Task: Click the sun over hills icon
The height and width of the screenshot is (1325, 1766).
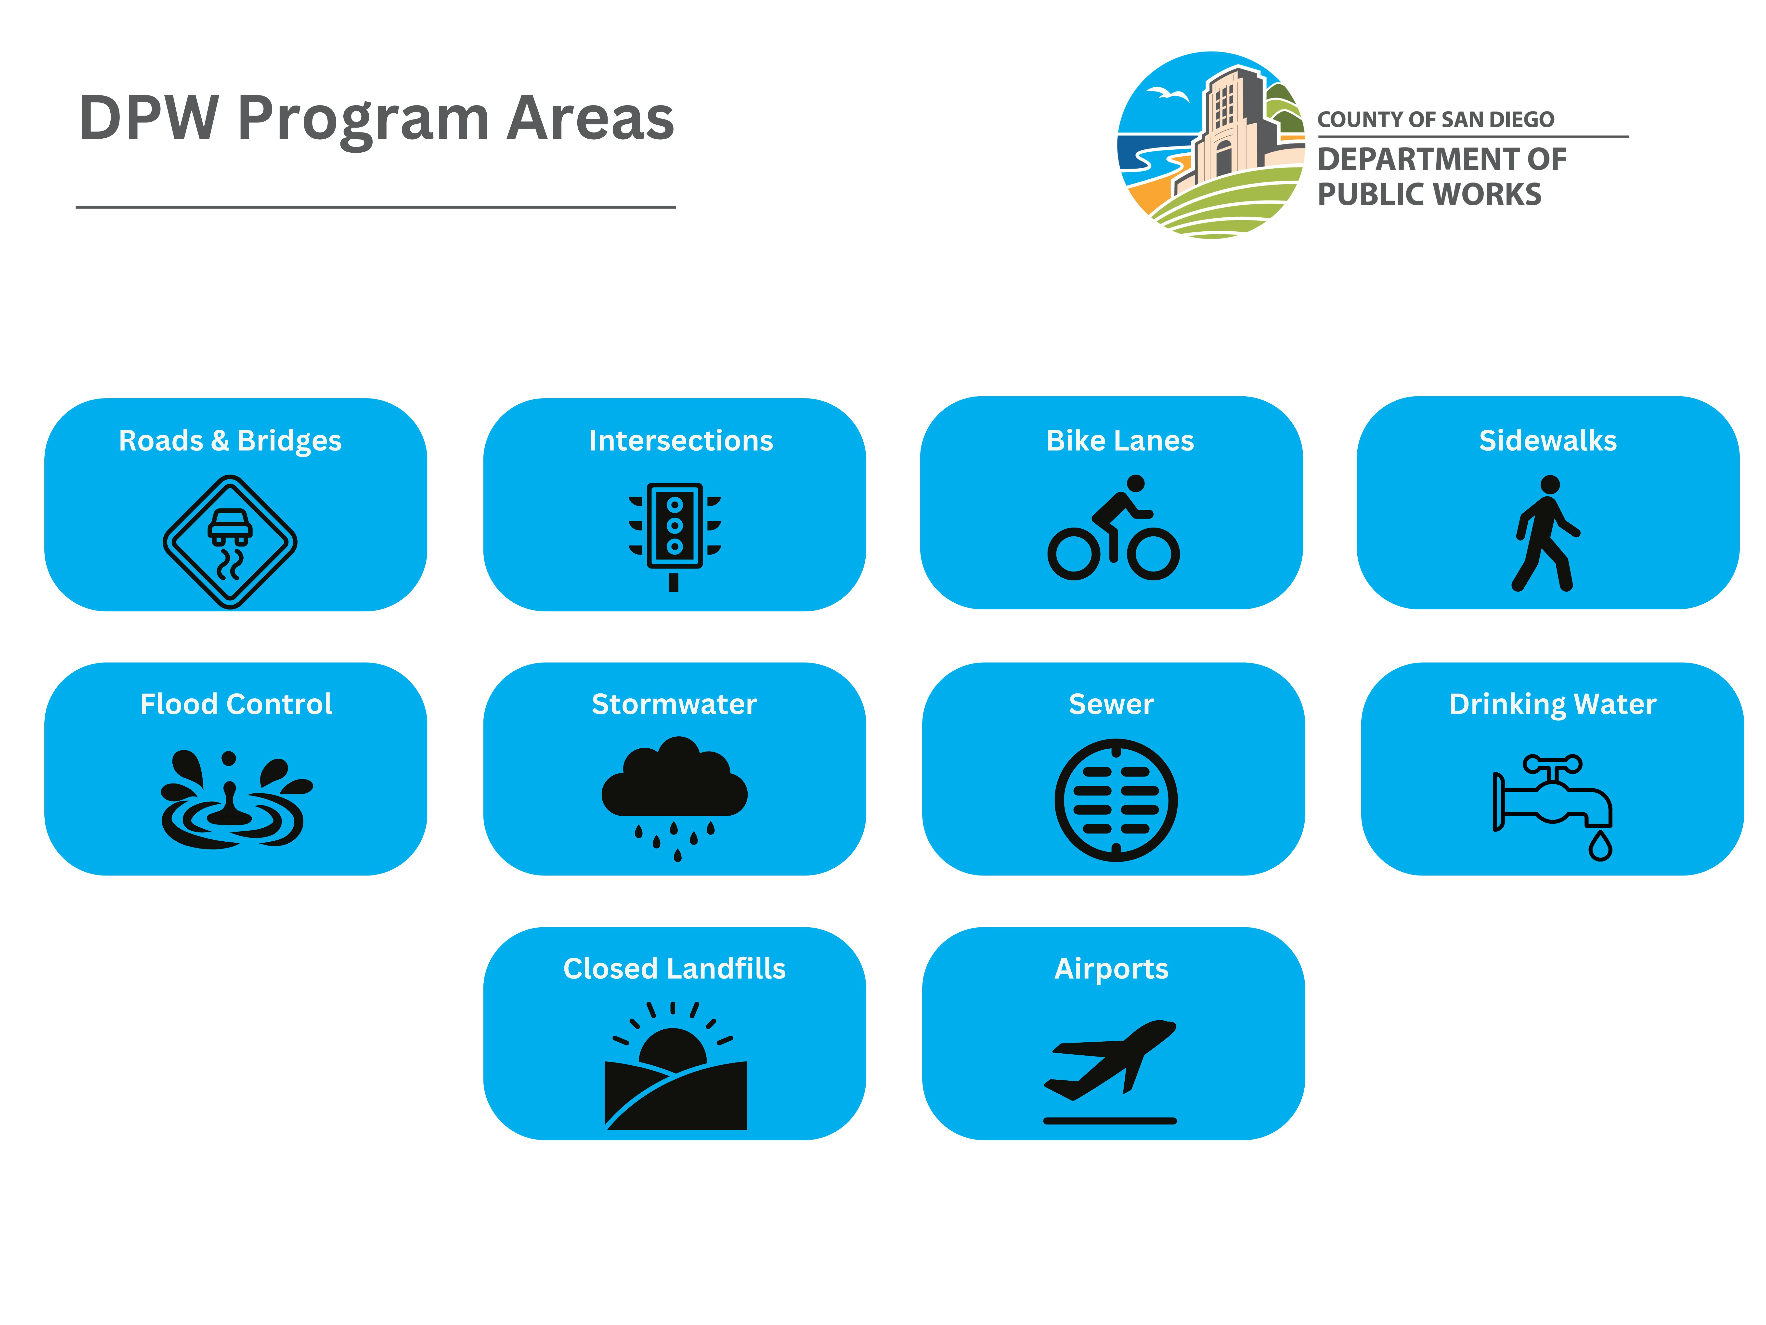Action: (675, 1066)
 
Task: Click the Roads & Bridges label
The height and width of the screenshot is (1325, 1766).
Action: (230, 441)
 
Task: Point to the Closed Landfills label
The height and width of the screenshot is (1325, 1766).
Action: (675, 969)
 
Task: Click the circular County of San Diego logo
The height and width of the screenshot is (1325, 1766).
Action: (1211, 145)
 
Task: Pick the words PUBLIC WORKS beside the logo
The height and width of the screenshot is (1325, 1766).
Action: (1429, 194)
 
